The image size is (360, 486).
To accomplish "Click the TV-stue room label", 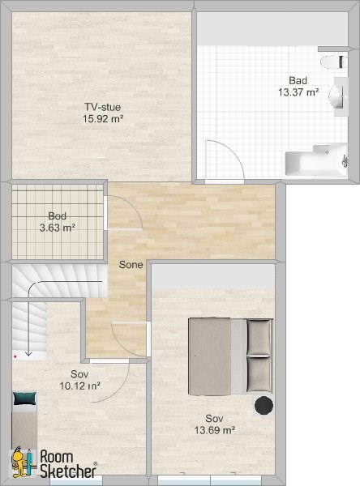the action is coord(103,107).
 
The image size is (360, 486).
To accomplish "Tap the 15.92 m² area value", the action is coord(103,119).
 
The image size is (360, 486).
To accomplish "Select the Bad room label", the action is coord(298,80).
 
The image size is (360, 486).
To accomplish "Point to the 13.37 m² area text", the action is coord(298,92).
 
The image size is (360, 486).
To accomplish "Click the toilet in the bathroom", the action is coord(333,62).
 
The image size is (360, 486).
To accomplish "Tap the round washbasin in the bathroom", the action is coord(336,96).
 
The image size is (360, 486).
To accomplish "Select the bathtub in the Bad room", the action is coord(316,160).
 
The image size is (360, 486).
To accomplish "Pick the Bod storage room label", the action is coord(57,216).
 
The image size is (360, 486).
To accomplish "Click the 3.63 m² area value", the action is coord(57,228).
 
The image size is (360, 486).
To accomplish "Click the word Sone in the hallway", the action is coord(131,265).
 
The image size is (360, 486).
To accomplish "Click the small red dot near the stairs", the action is coord(15,356).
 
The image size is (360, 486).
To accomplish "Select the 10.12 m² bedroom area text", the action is coord(79,386).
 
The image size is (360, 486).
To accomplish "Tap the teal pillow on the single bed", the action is coord(24,399).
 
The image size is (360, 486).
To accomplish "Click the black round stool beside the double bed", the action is coord(264,405).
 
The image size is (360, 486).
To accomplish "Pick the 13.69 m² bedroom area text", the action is coord(214,430).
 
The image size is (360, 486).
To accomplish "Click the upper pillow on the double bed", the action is coord(259,337).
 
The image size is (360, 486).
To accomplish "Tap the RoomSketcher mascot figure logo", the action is coord(22,462).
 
